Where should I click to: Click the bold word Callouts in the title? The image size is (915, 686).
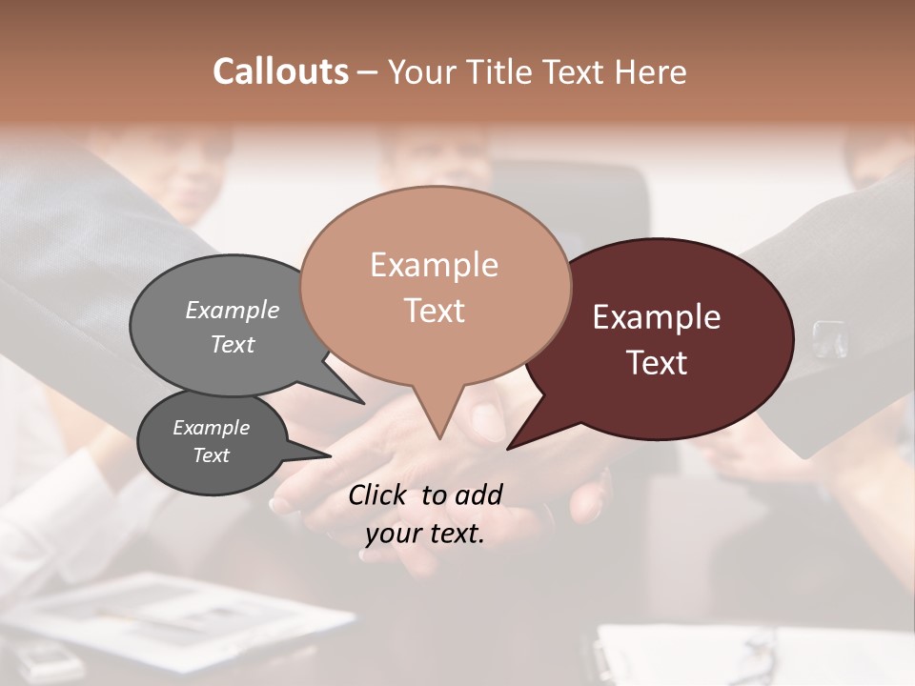tap(280, 71)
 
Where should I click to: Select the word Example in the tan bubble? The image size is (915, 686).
tap(434, 265)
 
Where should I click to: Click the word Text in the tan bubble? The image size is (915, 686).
tap(434, 310)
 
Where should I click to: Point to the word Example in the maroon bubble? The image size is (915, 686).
tap(657, 317)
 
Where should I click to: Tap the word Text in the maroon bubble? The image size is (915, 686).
tap(657, 362)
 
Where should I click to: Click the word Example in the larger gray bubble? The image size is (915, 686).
tap(233, 310)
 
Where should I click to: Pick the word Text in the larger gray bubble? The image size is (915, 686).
tap(233, 344)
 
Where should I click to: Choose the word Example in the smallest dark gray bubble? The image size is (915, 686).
tap(211, 428)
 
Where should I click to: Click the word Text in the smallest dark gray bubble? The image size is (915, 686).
tap(211, 455)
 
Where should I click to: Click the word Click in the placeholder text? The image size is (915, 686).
tap(379, 494)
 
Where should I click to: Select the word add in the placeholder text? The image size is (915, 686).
tap(479, 494)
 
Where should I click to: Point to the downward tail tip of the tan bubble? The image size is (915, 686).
tap(439, 438)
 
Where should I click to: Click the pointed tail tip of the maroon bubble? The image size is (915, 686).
tap(508, 448)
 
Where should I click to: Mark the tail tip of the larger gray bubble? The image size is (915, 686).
tap(363, 404)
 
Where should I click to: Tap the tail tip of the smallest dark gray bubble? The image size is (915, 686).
tap(331, 455)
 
